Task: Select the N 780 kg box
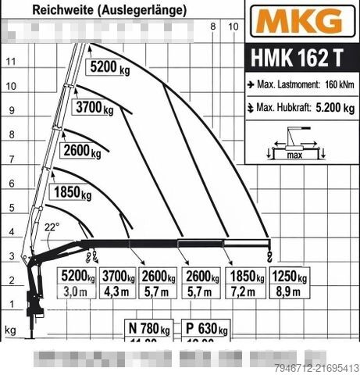(149, 327)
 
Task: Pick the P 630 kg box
(205, 327)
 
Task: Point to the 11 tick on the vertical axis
(10, 61)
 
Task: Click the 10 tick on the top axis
(233, 27)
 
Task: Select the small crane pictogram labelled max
(295, 145)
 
